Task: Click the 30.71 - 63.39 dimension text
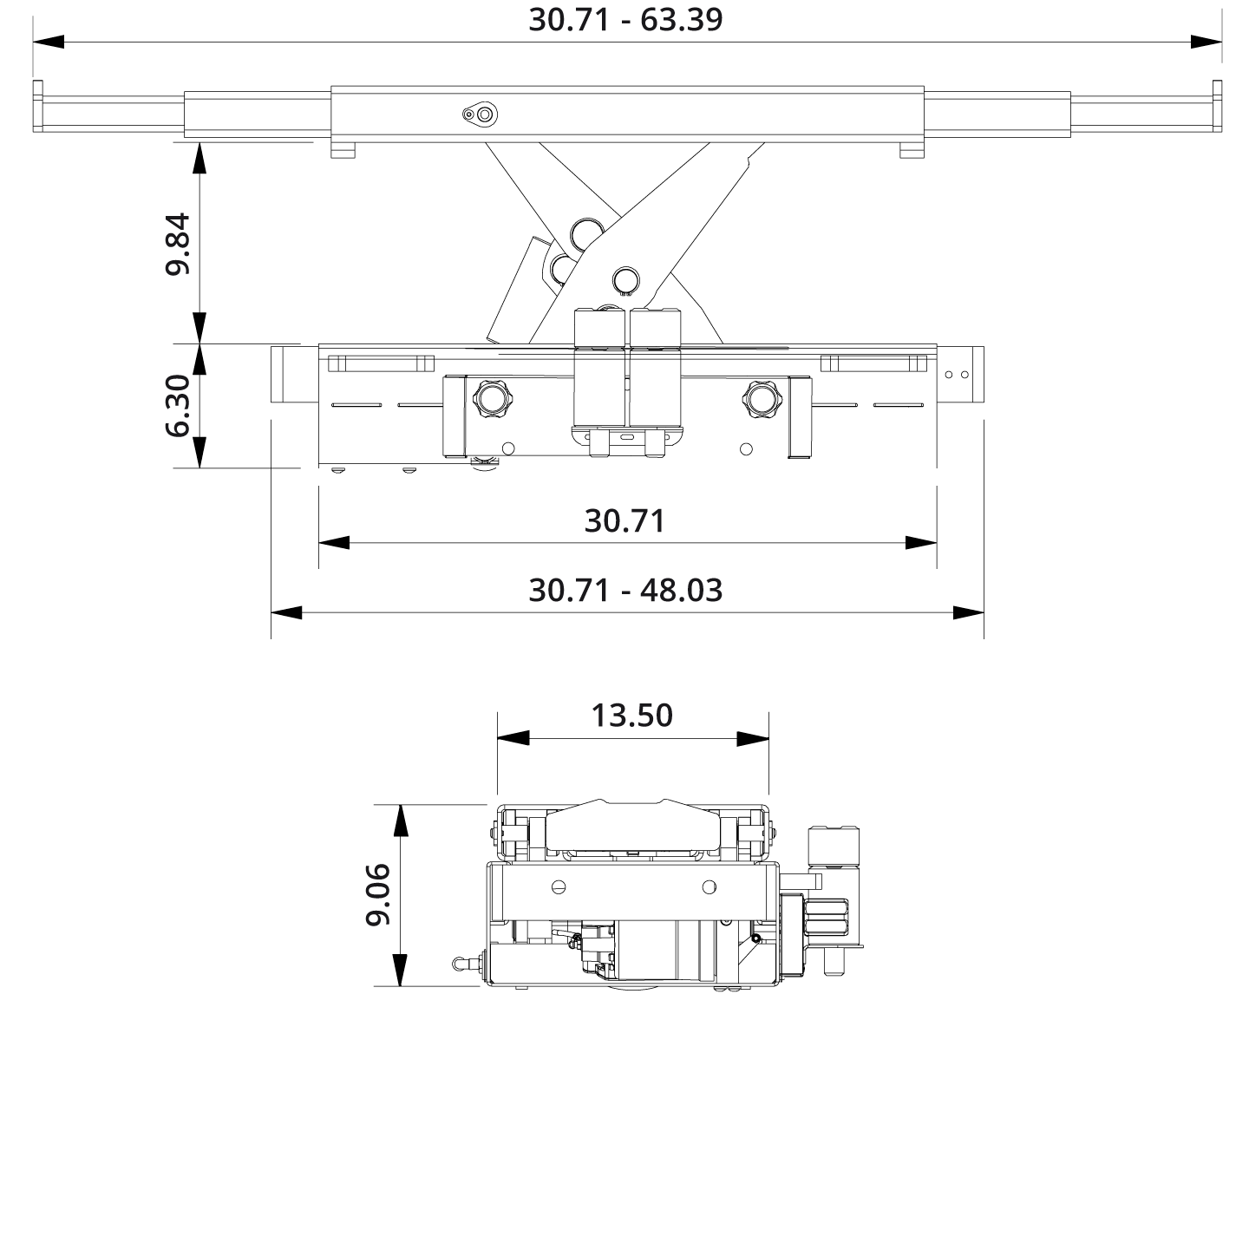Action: pos(625,19)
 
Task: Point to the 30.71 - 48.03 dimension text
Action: pos(625,590)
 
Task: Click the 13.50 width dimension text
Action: pos(632,716)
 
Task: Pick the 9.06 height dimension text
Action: pos(377,894)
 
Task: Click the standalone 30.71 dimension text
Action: pos(625,520)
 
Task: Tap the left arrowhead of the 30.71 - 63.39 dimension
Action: pos(49,42)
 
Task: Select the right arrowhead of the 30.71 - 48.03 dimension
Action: pos(968,612)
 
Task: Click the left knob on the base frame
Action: pos(492,399)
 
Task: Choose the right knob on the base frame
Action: pos(762,399)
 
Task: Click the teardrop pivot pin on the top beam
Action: pos(480,114)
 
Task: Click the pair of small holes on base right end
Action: pos(957,375)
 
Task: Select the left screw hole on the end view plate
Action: pos(559,886)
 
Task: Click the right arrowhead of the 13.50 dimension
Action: pos(753,739)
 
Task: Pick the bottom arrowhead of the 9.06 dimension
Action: pos(400,970)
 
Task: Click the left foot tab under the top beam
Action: pos(343,151)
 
